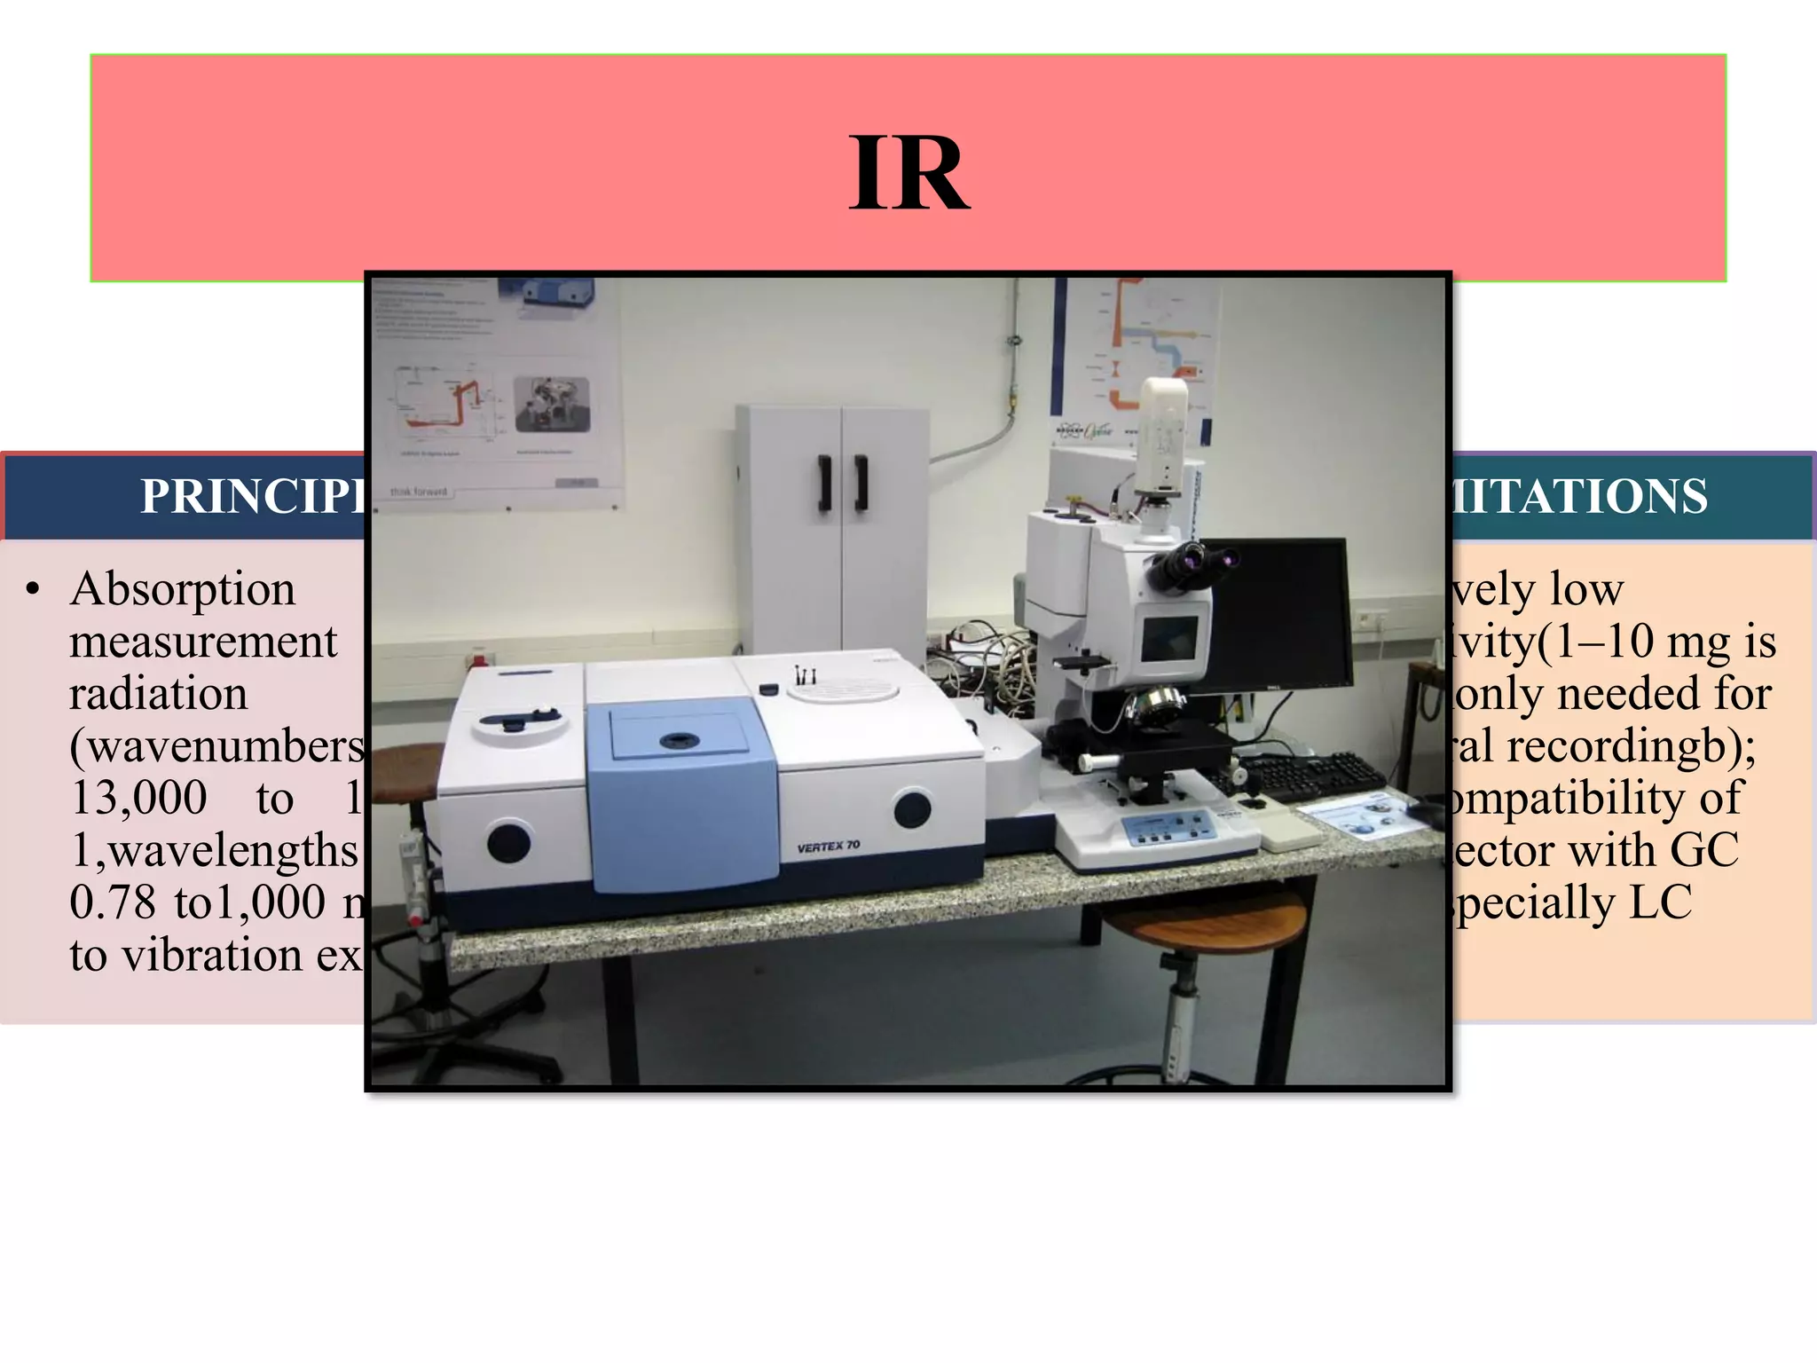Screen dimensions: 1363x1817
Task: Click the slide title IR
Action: (x=908, y=173)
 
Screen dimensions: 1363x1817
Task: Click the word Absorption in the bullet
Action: (x=183, y=589)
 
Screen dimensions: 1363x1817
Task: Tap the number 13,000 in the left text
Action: (x=138, y=798)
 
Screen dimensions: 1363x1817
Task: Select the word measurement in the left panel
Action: (x=203, y=642)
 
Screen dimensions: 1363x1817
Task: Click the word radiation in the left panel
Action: (x=159, y=694)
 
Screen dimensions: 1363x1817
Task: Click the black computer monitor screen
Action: (x=1278, y=612)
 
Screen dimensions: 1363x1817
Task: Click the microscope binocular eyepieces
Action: (x=1193, y=561)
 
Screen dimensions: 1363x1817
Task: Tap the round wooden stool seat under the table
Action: (x=1207, y=923)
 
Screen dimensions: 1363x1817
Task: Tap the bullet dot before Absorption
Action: (x=34, y=590)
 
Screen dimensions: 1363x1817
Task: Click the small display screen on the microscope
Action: (x=1169, y=638)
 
